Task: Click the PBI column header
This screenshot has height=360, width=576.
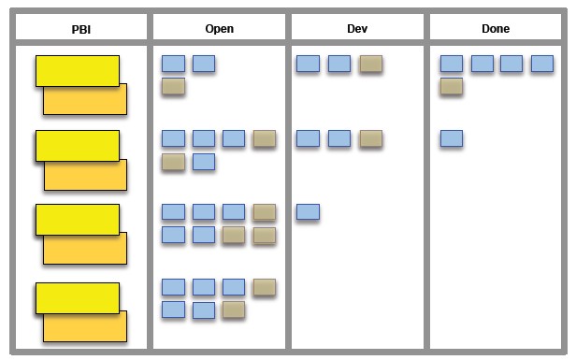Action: pos(81,29)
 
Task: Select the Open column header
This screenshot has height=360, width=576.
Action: pos(219,29)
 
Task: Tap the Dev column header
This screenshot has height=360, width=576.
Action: pos(356,29)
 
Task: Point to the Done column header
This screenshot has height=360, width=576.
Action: pos(496,29)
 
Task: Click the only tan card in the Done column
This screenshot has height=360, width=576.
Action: pos(452,86)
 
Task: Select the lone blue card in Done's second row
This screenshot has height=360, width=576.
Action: pos(452,138)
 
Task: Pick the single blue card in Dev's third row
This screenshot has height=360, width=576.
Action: pos(308,212)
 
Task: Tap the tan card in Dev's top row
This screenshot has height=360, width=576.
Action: pos(370,64)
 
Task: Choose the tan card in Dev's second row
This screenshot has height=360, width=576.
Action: pos(370,138)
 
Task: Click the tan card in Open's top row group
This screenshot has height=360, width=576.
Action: pos(173,86)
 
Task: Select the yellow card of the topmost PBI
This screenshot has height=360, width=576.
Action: pos(77,69)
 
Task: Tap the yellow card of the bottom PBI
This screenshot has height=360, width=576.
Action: pos(77,296)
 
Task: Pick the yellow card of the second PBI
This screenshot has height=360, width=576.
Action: pos(77,145)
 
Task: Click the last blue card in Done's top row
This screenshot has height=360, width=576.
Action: pos(542,64)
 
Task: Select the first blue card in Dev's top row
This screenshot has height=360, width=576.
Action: pos(308,64)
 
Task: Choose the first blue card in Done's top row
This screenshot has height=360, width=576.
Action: pos(452,64)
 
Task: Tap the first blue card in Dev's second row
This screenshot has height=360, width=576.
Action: pos(308,138)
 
